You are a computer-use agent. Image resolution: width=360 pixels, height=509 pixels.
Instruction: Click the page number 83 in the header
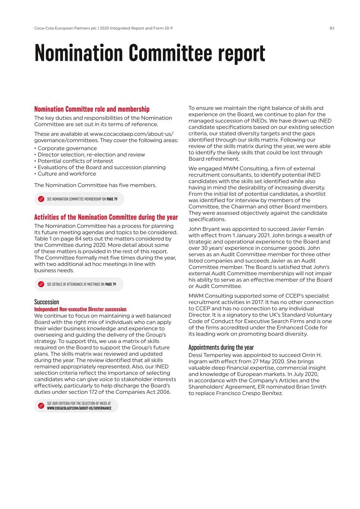(x=332, y=28)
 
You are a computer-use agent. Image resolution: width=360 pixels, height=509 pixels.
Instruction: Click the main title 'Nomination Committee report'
(x=150, y=53)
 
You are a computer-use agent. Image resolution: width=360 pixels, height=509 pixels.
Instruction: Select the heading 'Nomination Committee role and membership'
(x=92, y=109)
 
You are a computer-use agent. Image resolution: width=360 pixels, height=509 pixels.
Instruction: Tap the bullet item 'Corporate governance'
(x=67, y=148)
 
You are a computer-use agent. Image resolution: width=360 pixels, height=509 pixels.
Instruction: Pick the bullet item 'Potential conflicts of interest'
(x=75, y=161)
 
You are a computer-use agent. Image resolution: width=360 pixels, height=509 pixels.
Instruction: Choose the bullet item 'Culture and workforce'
(x=67, y=174)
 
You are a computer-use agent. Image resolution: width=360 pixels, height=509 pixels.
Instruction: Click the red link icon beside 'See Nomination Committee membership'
(x=41, y=199)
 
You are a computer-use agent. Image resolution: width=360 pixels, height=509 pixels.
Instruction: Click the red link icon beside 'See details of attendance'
(x=41, y=285)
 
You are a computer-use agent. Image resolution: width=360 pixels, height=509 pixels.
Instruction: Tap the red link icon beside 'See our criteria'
(x=41, y=406)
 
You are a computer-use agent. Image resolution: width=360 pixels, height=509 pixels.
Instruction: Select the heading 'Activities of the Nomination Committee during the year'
(x=106, y=217)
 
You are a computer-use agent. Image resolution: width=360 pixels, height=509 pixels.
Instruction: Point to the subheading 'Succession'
(x=47, y=302)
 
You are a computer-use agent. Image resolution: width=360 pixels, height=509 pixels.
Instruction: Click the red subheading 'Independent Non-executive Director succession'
(x=80, y=309)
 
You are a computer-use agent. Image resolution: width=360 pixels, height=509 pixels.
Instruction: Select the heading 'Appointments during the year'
(x=221, y=348)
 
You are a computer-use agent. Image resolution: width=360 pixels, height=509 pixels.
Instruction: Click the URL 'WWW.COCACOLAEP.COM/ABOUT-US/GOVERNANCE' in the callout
(x=79, y=408)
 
